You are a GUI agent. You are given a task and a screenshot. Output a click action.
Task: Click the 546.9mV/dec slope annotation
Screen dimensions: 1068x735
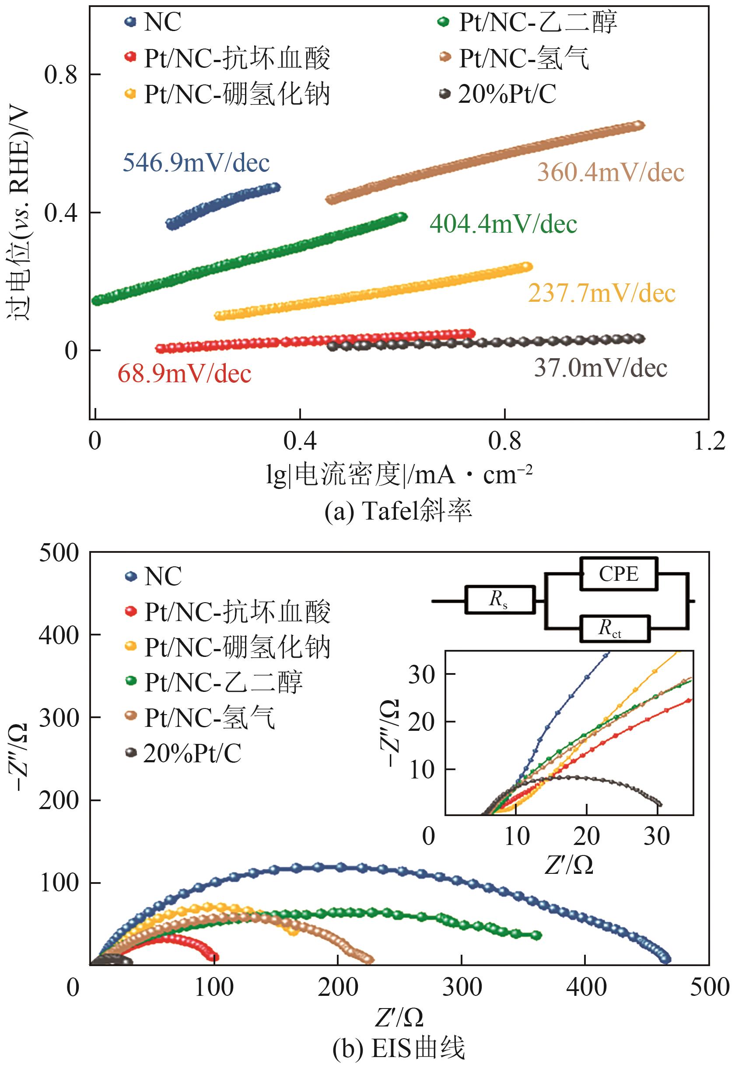click(196, 163)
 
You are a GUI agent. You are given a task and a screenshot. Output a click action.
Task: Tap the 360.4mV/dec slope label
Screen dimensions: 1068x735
click(611, 173)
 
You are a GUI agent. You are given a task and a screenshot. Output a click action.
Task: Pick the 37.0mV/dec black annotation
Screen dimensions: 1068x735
click(601, 368)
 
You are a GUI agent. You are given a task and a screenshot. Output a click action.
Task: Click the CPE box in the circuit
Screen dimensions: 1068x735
click(618, 574)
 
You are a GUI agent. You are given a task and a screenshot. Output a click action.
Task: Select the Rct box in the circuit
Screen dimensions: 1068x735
click(614, 629)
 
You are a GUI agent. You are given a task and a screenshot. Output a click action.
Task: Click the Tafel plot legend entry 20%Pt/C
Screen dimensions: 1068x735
click(507, 94)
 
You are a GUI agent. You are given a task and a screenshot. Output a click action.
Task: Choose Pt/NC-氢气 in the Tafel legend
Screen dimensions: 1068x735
click(524, 59)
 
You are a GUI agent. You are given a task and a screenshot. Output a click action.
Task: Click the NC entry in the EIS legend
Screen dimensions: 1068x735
click(162, 576)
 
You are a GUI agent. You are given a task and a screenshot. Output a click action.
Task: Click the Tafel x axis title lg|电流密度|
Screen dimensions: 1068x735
click(399, 475)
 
